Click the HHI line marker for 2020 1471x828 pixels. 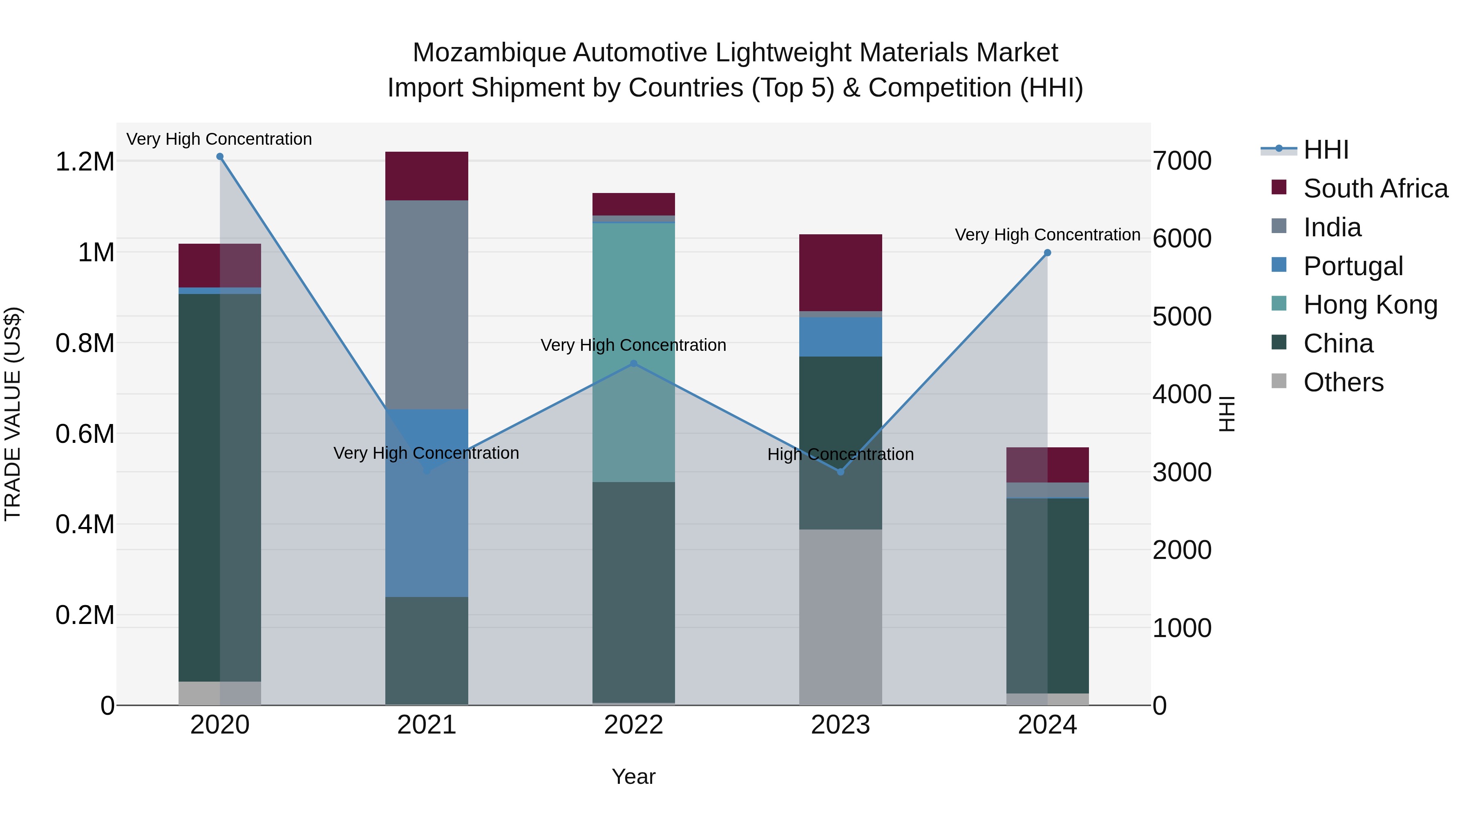(220, 157)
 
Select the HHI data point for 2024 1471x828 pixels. (1047, 253)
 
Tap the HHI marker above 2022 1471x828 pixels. (633, 364)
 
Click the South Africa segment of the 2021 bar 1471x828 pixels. (427, 176)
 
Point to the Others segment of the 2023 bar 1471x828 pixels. (840, 617)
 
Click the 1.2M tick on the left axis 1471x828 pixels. (85, 162)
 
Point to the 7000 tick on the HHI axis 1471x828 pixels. (1181, 161)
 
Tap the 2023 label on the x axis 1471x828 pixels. (840, 725)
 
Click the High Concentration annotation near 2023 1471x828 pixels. (840, 454)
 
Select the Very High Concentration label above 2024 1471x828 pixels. (1047, 235)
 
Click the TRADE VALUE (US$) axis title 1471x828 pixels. (13, 414)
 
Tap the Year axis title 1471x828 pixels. (633, 776)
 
